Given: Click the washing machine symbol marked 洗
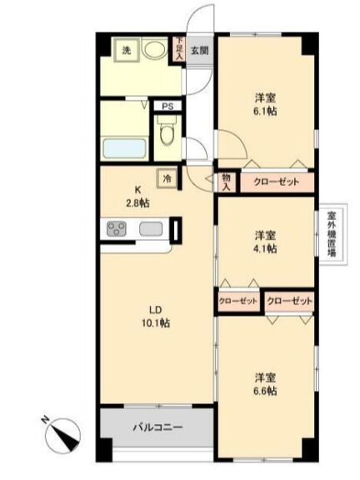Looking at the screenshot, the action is (x=127, y=51).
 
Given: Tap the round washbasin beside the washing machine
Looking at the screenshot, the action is (x=155, y=49).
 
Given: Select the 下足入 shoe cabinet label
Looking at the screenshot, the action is (x=179, y=48).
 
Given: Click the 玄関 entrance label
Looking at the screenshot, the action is (x=200, y=51).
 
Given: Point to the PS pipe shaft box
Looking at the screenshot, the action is (x=167, y=107).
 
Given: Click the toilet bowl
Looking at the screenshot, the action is (x=167, y=132).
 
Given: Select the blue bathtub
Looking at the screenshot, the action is (x=124, y=149).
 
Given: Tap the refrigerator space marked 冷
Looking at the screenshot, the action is (x=167, y=178).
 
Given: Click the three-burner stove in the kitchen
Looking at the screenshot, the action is (x=117, y=228).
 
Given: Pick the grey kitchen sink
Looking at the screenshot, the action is (x=151, y=228).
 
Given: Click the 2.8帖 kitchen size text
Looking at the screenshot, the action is (x=138, y=203).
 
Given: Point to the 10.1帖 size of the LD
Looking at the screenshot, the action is (x=156, y=323).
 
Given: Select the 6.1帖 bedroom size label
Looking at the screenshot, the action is (x=265, y=111).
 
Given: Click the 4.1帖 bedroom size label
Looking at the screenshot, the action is (x=265, y=248).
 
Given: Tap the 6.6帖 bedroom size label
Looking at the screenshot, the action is (x=265, y=391).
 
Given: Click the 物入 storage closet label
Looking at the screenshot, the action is (x=226, y=182).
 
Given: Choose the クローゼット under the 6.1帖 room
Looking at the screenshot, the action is (x=277, y=182).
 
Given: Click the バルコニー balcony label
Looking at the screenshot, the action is (x=158, y=427).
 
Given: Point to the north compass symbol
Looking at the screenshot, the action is (x=62, y=434).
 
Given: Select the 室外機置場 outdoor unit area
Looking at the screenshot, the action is (x=332, y=234).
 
